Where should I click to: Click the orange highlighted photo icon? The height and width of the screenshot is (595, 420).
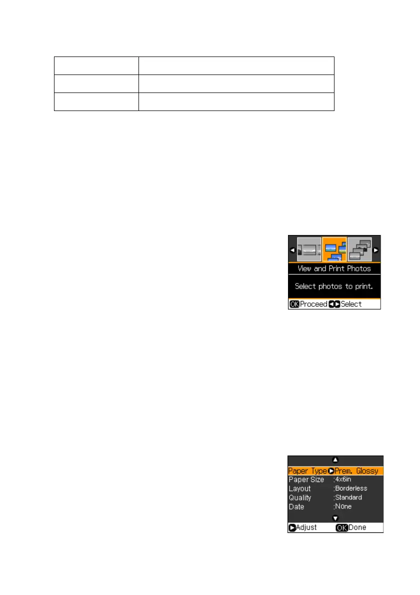click(334, 249)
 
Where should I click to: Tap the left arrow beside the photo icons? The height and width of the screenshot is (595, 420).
click(292, 249)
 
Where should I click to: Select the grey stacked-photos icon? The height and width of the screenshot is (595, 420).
click(359, 249)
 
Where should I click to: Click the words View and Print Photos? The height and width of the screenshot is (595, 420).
click(334, 268)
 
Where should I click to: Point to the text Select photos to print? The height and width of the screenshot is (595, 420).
click(334, 286)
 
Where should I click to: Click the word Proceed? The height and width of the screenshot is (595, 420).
click(313, 304)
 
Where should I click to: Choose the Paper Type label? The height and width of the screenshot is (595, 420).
click(307, 471)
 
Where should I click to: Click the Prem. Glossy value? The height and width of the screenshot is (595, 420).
click(356, 471)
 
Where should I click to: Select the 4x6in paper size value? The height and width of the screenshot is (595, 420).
click(343, 479)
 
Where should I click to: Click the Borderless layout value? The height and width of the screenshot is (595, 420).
click(351, 488)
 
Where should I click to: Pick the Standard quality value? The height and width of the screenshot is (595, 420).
click(348, 497)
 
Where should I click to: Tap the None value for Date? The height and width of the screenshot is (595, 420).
click(343, 506)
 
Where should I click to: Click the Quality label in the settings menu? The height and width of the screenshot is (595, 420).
click(300, 497)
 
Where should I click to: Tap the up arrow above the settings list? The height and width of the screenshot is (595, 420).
click(335, 460)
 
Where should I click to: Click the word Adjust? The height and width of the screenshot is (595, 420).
click(305, 527)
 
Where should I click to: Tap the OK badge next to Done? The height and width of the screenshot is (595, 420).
click(341, 527)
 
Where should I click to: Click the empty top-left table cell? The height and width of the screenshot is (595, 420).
click(96, 65)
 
